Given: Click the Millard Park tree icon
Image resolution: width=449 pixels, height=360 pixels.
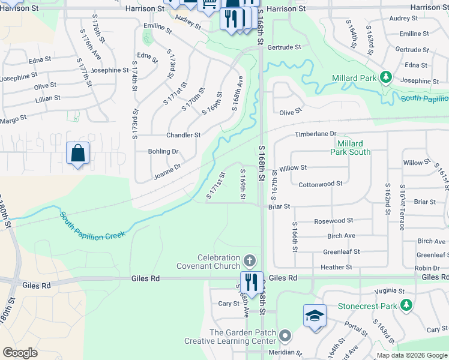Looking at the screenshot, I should point(386,77).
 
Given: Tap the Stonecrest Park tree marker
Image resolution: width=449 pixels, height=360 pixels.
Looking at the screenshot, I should point(407,305).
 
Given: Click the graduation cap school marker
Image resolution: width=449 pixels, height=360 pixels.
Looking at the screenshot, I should point(315,316).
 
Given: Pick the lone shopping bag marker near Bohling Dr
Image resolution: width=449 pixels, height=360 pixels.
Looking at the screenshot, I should point(78,154).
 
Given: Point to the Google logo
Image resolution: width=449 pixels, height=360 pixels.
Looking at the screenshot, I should point(20,353).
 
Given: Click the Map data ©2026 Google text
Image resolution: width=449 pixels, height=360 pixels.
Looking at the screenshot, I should point(411,355).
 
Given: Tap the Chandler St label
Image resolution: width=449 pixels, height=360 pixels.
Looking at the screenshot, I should point(183,135).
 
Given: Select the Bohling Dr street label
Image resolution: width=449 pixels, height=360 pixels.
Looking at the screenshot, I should point(163,151).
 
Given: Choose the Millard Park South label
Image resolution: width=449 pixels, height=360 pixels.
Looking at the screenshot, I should point(350,148).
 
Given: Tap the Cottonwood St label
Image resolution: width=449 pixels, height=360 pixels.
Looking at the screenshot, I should point(320,184).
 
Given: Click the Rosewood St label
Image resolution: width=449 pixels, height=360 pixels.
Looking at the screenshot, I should point(333,221).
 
